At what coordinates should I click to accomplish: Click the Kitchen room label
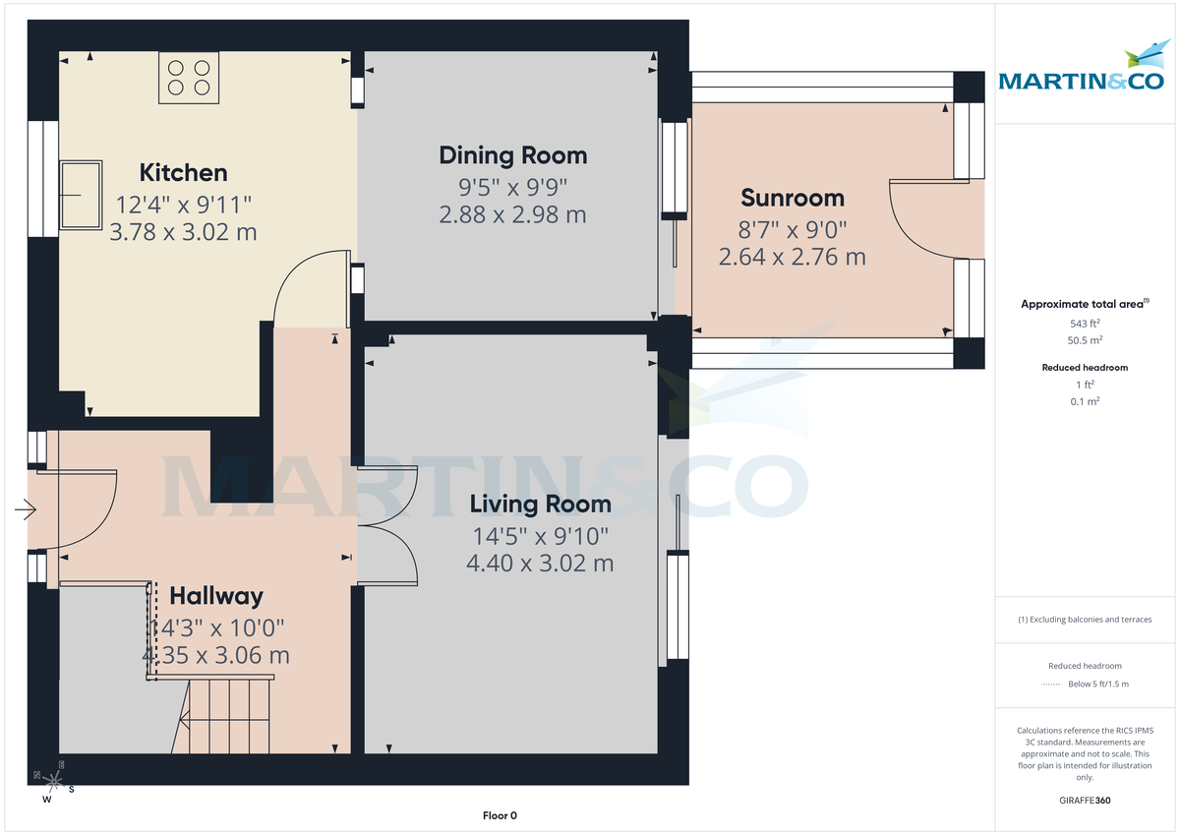point(184,173)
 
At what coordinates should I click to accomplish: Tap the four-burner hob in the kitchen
point(189,78)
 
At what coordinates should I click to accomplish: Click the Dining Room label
point(512,155)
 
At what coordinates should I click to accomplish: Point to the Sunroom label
point(792,198)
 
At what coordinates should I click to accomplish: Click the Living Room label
point(540,505)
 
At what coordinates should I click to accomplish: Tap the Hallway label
point(216,596)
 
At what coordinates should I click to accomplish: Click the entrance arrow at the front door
point(26,509)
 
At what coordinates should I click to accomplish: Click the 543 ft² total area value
point(1085,324)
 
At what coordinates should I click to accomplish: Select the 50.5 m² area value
point(1085,340)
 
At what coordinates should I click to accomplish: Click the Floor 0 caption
point(500,815)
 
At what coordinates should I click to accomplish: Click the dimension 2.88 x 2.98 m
point(512,214)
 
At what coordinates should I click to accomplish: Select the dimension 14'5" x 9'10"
point(540,537)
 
